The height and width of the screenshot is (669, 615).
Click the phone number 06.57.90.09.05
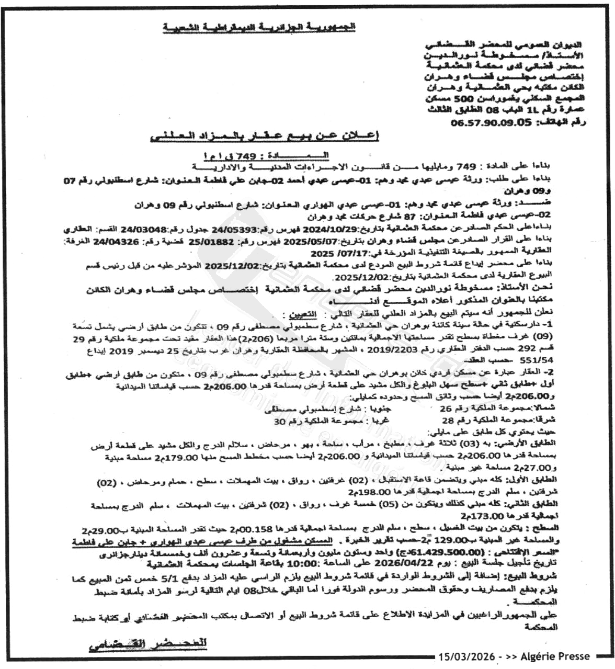491,122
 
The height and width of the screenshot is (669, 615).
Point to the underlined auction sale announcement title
264,137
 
